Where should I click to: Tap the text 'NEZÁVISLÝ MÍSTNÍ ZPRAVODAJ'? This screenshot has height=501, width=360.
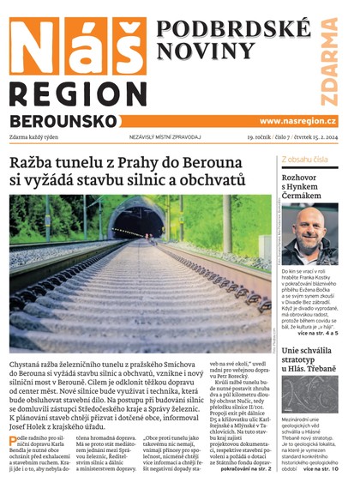[x=153, y=137]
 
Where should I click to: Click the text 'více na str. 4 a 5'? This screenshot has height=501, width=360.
[x=319, y=332]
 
